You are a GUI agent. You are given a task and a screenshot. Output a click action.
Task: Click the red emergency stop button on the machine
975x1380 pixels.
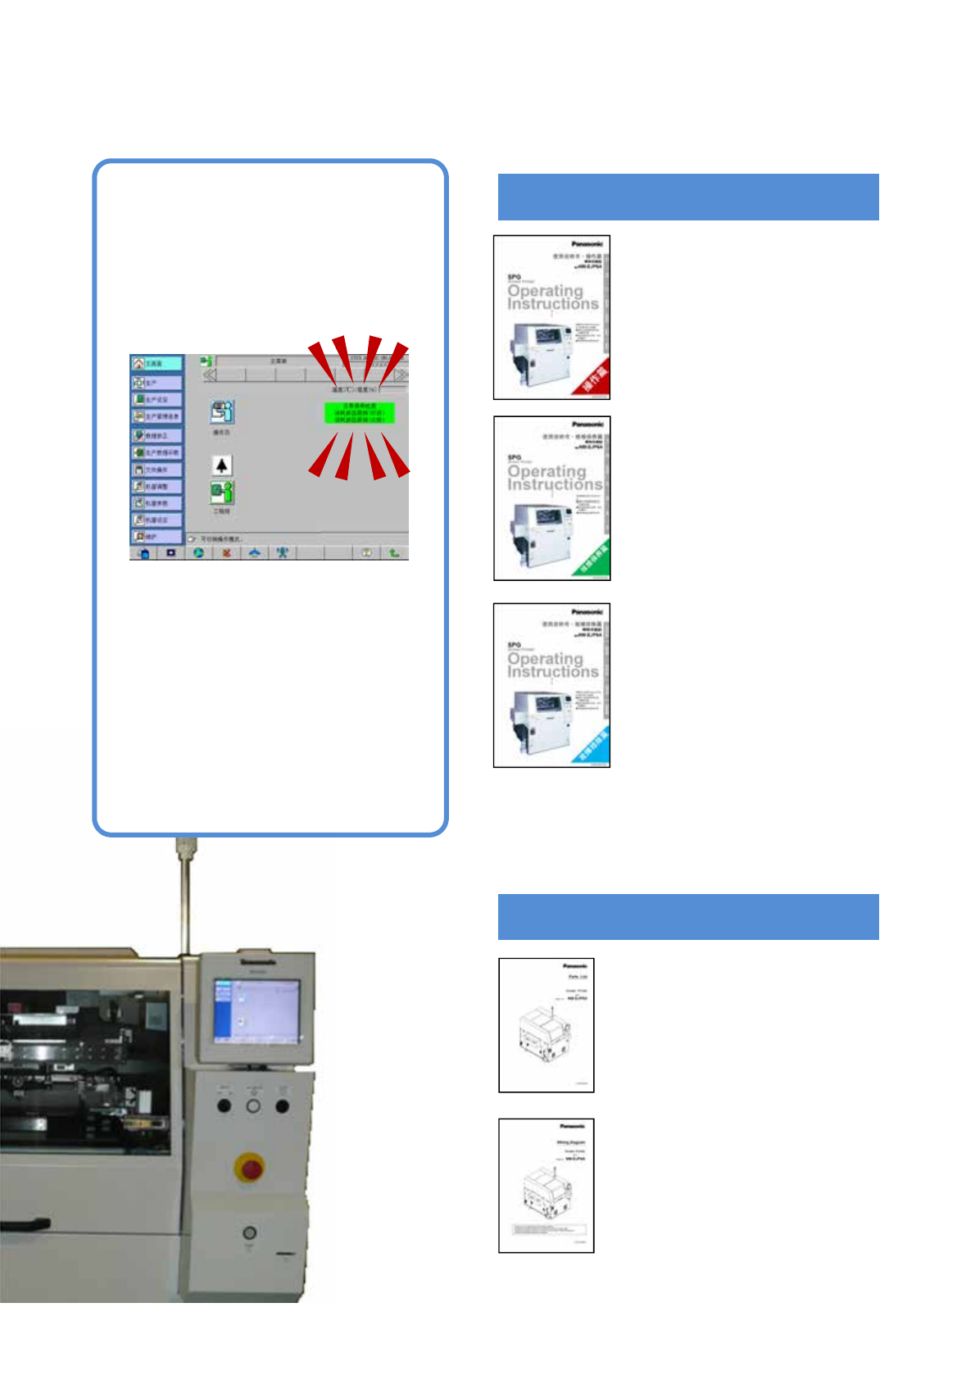[x=249, y=1167]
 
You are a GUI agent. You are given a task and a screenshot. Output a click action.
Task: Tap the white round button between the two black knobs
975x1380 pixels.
[x=253, y=1106]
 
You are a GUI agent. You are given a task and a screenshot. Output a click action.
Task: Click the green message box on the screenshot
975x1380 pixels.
[x=359, y=412]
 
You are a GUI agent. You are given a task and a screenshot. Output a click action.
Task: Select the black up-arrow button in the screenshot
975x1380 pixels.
[x=221, y=465]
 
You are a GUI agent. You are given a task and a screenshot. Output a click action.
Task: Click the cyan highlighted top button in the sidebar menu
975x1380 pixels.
[x=157, y=363]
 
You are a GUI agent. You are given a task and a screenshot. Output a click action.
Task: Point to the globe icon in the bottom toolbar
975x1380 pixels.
[x=198, y=553]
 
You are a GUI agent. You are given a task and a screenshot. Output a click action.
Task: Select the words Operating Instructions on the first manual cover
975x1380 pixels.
[x=552, y=297]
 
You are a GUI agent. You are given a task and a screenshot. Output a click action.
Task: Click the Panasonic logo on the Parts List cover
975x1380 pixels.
[x=575, y=966]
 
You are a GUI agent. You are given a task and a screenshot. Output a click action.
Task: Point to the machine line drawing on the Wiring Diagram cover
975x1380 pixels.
[x=544, y=1191]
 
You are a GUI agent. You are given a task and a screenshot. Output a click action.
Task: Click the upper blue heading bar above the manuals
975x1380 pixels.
[x=688, y=197]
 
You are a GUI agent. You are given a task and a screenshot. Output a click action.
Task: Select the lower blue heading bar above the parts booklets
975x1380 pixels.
[x=688, y=916]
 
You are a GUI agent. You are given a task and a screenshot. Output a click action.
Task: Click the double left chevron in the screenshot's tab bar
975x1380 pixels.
[x=211, y=375]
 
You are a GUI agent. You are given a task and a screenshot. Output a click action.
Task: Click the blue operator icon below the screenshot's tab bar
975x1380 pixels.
[x=221, y=411]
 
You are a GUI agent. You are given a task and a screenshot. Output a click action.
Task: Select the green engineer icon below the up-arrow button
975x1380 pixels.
[x=221, y=493]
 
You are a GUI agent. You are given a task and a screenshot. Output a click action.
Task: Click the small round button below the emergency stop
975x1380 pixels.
[x=249, y=1232]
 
